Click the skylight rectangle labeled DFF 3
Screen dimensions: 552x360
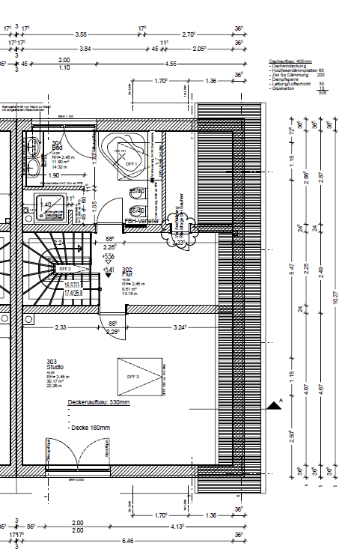pos(140,377)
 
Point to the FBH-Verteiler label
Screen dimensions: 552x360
pos(141,222)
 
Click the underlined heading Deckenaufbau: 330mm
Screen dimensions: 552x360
pos(99,402)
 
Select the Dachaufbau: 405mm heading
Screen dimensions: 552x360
pos(290,61)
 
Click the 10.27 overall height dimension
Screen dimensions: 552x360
pos(336,297)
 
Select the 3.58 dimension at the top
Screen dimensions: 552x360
pos(82,34)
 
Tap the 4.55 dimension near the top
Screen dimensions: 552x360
pos(171,64)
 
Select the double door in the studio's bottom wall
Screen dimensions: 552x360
pos(78,457)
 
